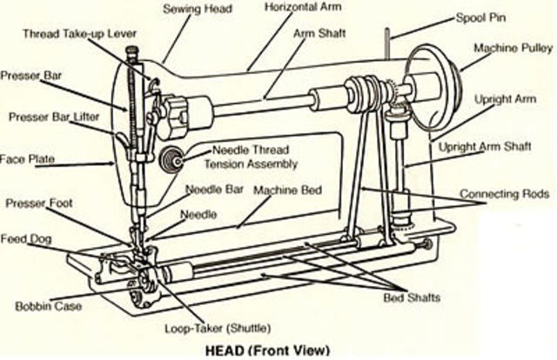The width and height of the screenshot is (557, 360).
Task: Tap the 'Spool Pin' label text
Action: tap(483, 17)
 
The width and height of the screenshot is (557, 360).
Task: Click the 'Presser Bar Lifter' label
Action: tap(54, 116)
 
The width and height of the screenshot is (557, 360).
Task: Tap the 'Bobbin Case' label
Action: tap(44, 306)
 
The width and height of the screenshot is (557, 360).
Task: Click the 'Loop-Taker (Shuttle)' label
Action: tap(218, 329)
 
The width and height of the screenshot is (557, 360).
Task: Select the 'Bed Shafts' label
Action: tap(412, 297)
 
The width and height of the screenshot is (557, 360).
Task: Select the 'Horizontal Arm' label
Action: tap(304, 7)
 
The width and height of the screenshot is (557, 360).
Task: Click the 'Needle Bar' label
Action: tap(215, 189)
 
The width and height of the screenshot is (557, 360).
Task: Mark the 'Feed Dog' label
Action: tap(25, 237)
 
